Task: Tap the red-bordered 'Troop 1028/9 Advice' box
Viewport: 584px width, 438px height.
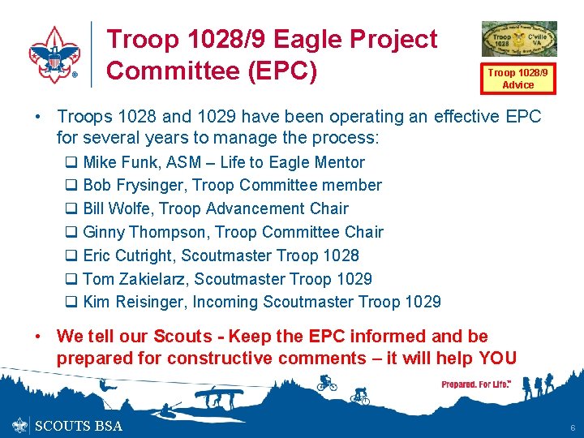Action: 517,79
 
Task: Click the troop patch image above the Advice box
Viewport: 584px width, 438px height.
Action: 519,39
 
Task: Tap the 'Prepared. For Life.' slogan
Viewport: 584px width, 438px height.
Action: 476,384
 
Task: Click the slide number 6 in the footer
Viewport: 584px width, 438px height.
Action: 572,427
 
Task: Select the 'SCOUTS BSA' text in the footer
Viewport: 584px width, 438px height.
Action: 79,427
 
